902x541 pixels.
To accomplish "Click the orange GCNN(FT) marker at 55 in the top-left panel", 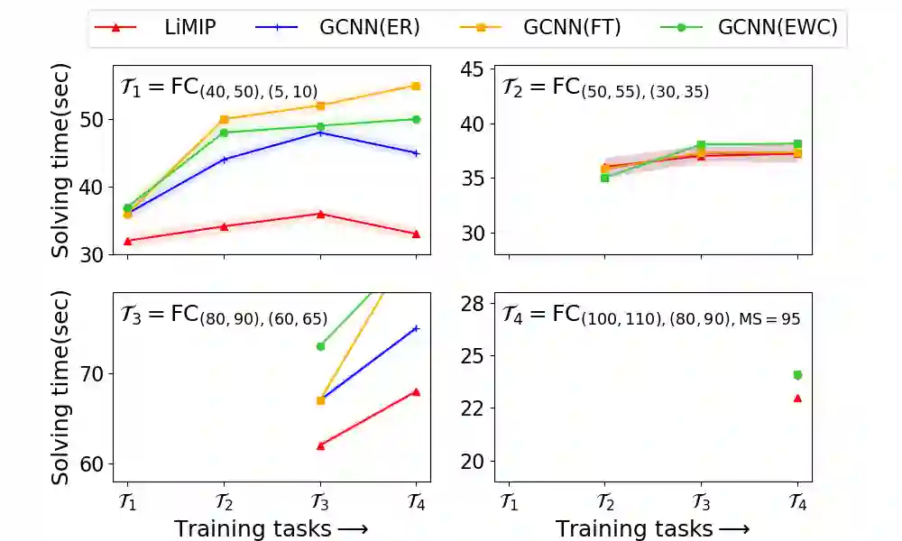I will (416, 86).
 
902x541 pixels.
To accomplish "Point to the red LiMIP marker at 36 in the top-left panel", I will (320, 214).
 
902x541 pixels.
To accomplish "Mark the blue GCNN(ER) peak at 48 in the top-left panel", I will (320, 133).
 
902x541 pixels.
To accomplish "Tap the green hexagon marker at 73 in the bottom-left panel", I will (320, 346).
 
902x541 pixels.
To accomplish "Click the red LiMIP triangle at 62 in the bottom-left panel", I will (320, 445).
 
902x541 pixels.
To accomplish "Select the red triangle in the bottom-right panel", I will (797, 398).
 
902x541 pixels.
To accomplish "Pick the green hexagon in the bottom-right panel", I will (797, 375).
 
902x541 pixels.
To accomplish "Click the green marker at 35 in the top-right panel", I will (604, 178).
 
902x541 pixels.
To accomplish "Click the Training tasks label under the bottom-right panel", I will (651, 528).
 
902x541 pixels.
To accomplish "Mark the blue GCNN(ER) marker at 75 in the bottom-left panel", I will (416, 328).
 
